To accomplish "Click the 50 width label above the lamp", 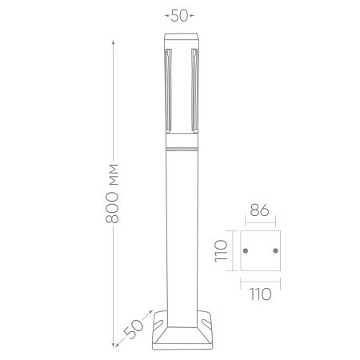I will (x=180, y=15).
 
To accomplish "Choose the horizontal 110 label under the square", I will (x=259, y=293).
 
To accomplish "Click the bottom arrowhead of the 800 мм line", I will (x=113, y=348).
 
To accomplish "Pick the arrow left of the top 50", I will (x=167, y=15).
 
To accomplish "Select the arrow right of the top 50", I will (x=194, y=15).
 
